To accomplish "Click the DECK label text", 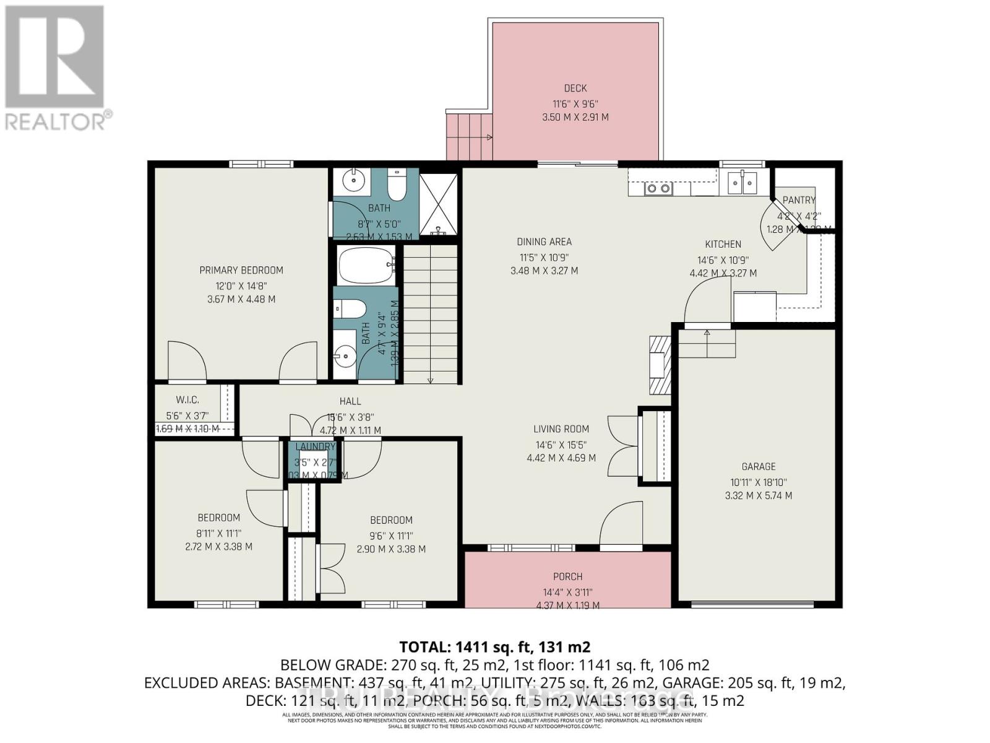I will (x=575, y=89).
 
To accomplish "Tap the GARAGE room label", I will (x=758, y=467).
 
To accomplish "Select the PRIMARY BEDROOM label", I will (x=241, y=271).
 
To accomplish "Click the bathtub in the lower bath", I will (x=366, y=266).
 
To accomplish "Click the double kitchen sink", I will (x=742, y=182).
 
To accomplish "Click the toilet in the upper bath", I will (x=395, y=185).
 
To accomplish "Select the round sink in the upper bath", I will (x=353, y=181).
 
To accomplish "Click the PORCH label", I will (x=567, y=577).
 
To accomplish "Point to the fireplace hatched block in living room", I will (x=660, y=365).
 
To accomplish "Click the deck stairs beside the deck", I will (x=468, y=137).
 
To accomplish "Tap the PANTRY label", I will (x=798, y=200).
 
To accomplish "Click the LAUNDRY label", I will (x=315, y=447).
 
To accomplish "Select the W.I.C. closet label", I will (x=187, y=400).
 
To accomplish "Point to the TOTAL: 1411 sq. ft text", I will (x=494, y=648).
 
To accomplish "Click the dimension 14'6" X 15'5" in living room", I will (x=561, y=445).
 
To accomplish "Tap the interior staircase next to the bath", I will (x=431, y=315).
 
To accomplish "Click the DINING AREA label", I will (x=544, y=242).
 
